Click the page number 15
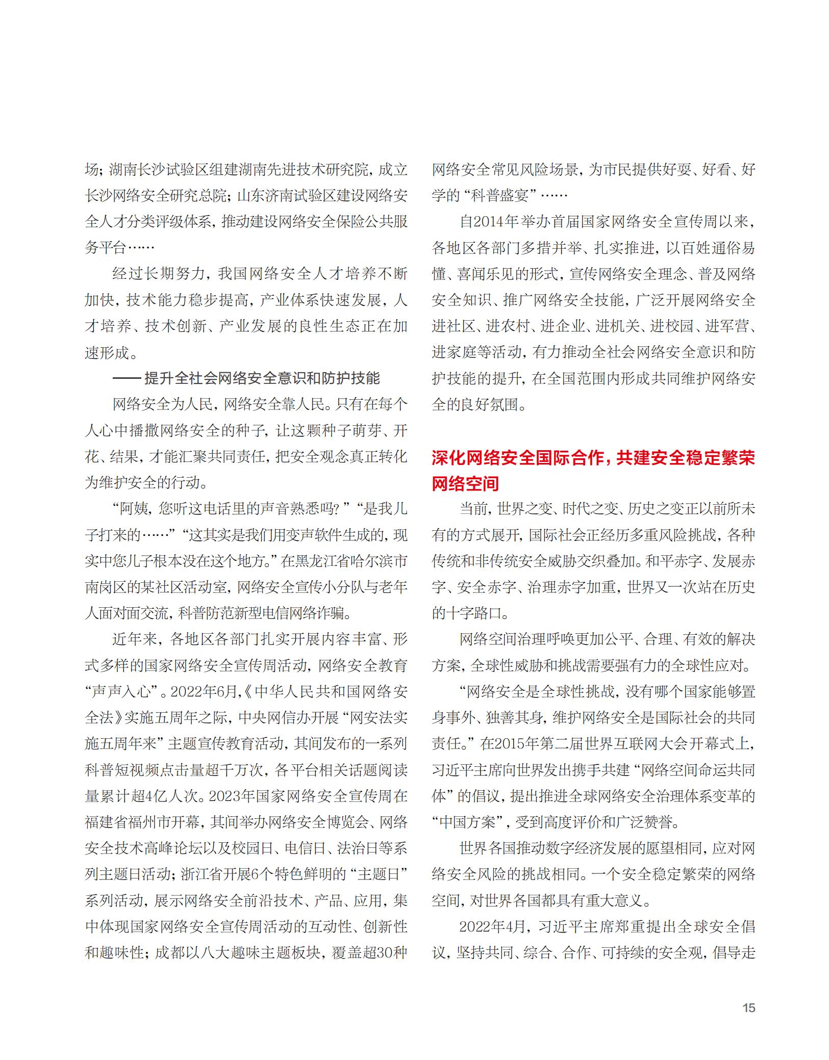coord(748,1008)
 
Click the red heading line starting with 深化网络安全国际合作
coord(593,458)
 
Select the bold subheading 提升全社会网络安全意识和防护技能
coord(262,378)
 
